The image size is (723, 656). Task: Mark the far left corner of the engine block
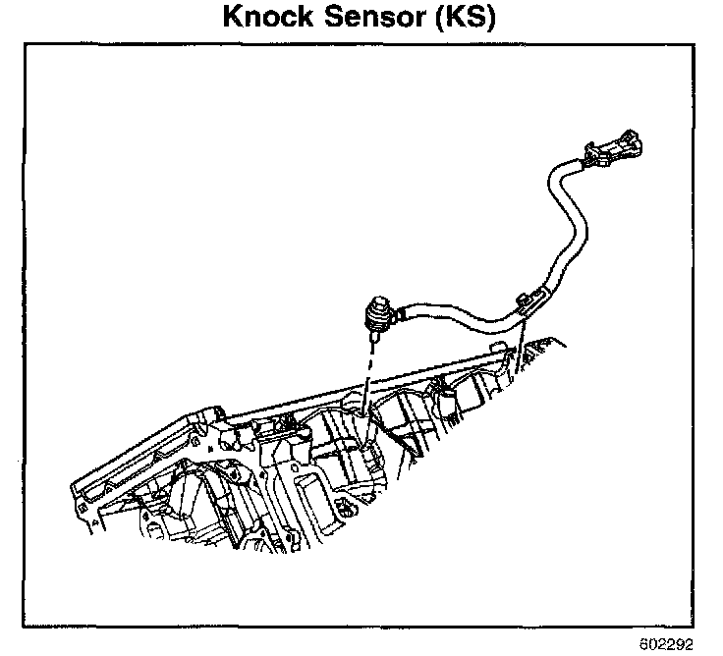[77, 484]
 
